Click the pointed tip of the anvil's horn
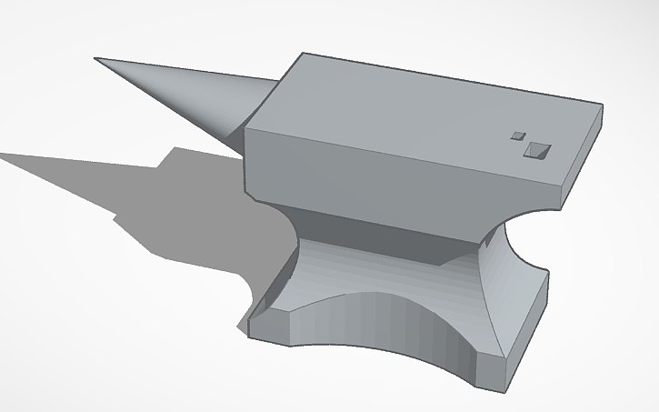click(96, 60)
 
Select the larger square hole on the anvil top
click(536, 150)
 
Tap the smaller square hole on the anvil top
click(519, 136)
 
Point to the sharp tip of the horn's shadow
click(4, 155)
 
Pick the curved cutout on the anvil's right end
click(523, 241)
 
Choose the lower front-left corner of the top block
click(249, 194)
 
